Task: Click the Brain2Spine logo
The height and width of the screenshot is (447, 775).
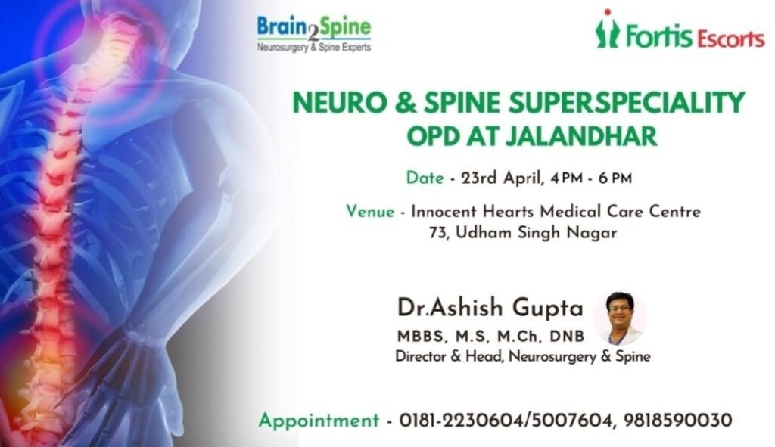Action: (x=314, y=33)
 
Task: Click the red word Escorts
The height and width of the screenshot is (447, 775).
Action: (x=731, y=39)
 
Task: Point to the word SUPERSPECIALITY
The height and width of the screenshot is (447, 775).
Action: (x=627, y=103)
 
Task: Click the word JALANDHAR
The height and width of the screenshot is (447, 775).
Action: (x=581, y=136)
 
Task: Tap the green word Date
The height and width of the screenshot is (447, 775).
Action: (x=425, y=177)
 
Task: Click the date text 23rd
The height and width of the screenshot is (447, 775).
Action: (x=478, y=177)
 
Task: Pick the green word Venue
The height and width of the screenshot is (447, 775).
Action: (x=370, y=212)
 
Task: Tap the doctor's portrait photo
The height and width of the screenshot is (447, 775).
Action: (x=621, y=318)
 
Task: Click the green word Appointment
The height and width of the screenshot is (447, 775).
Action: (x=319, y=421)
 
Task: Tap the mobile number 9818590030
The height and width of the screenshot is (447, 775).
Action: (x=677, y=421)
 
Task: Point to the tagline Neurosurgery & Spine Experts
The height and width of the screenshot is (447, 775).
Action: (x=314, y=48)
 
